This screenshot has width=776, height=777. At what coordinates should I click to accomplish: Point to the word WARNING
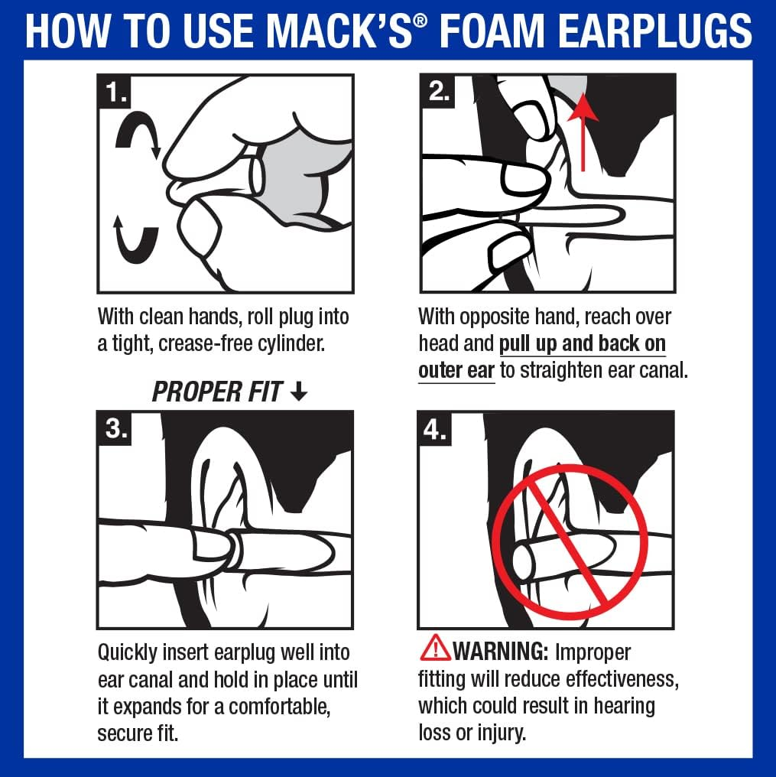click(501, 652)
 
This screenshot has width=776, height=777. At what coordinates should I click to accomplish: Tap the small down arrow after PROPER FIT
click(299, 393)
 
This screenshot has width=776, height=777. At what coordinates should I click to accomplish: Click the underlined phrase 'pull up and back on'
click(583, 343)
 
